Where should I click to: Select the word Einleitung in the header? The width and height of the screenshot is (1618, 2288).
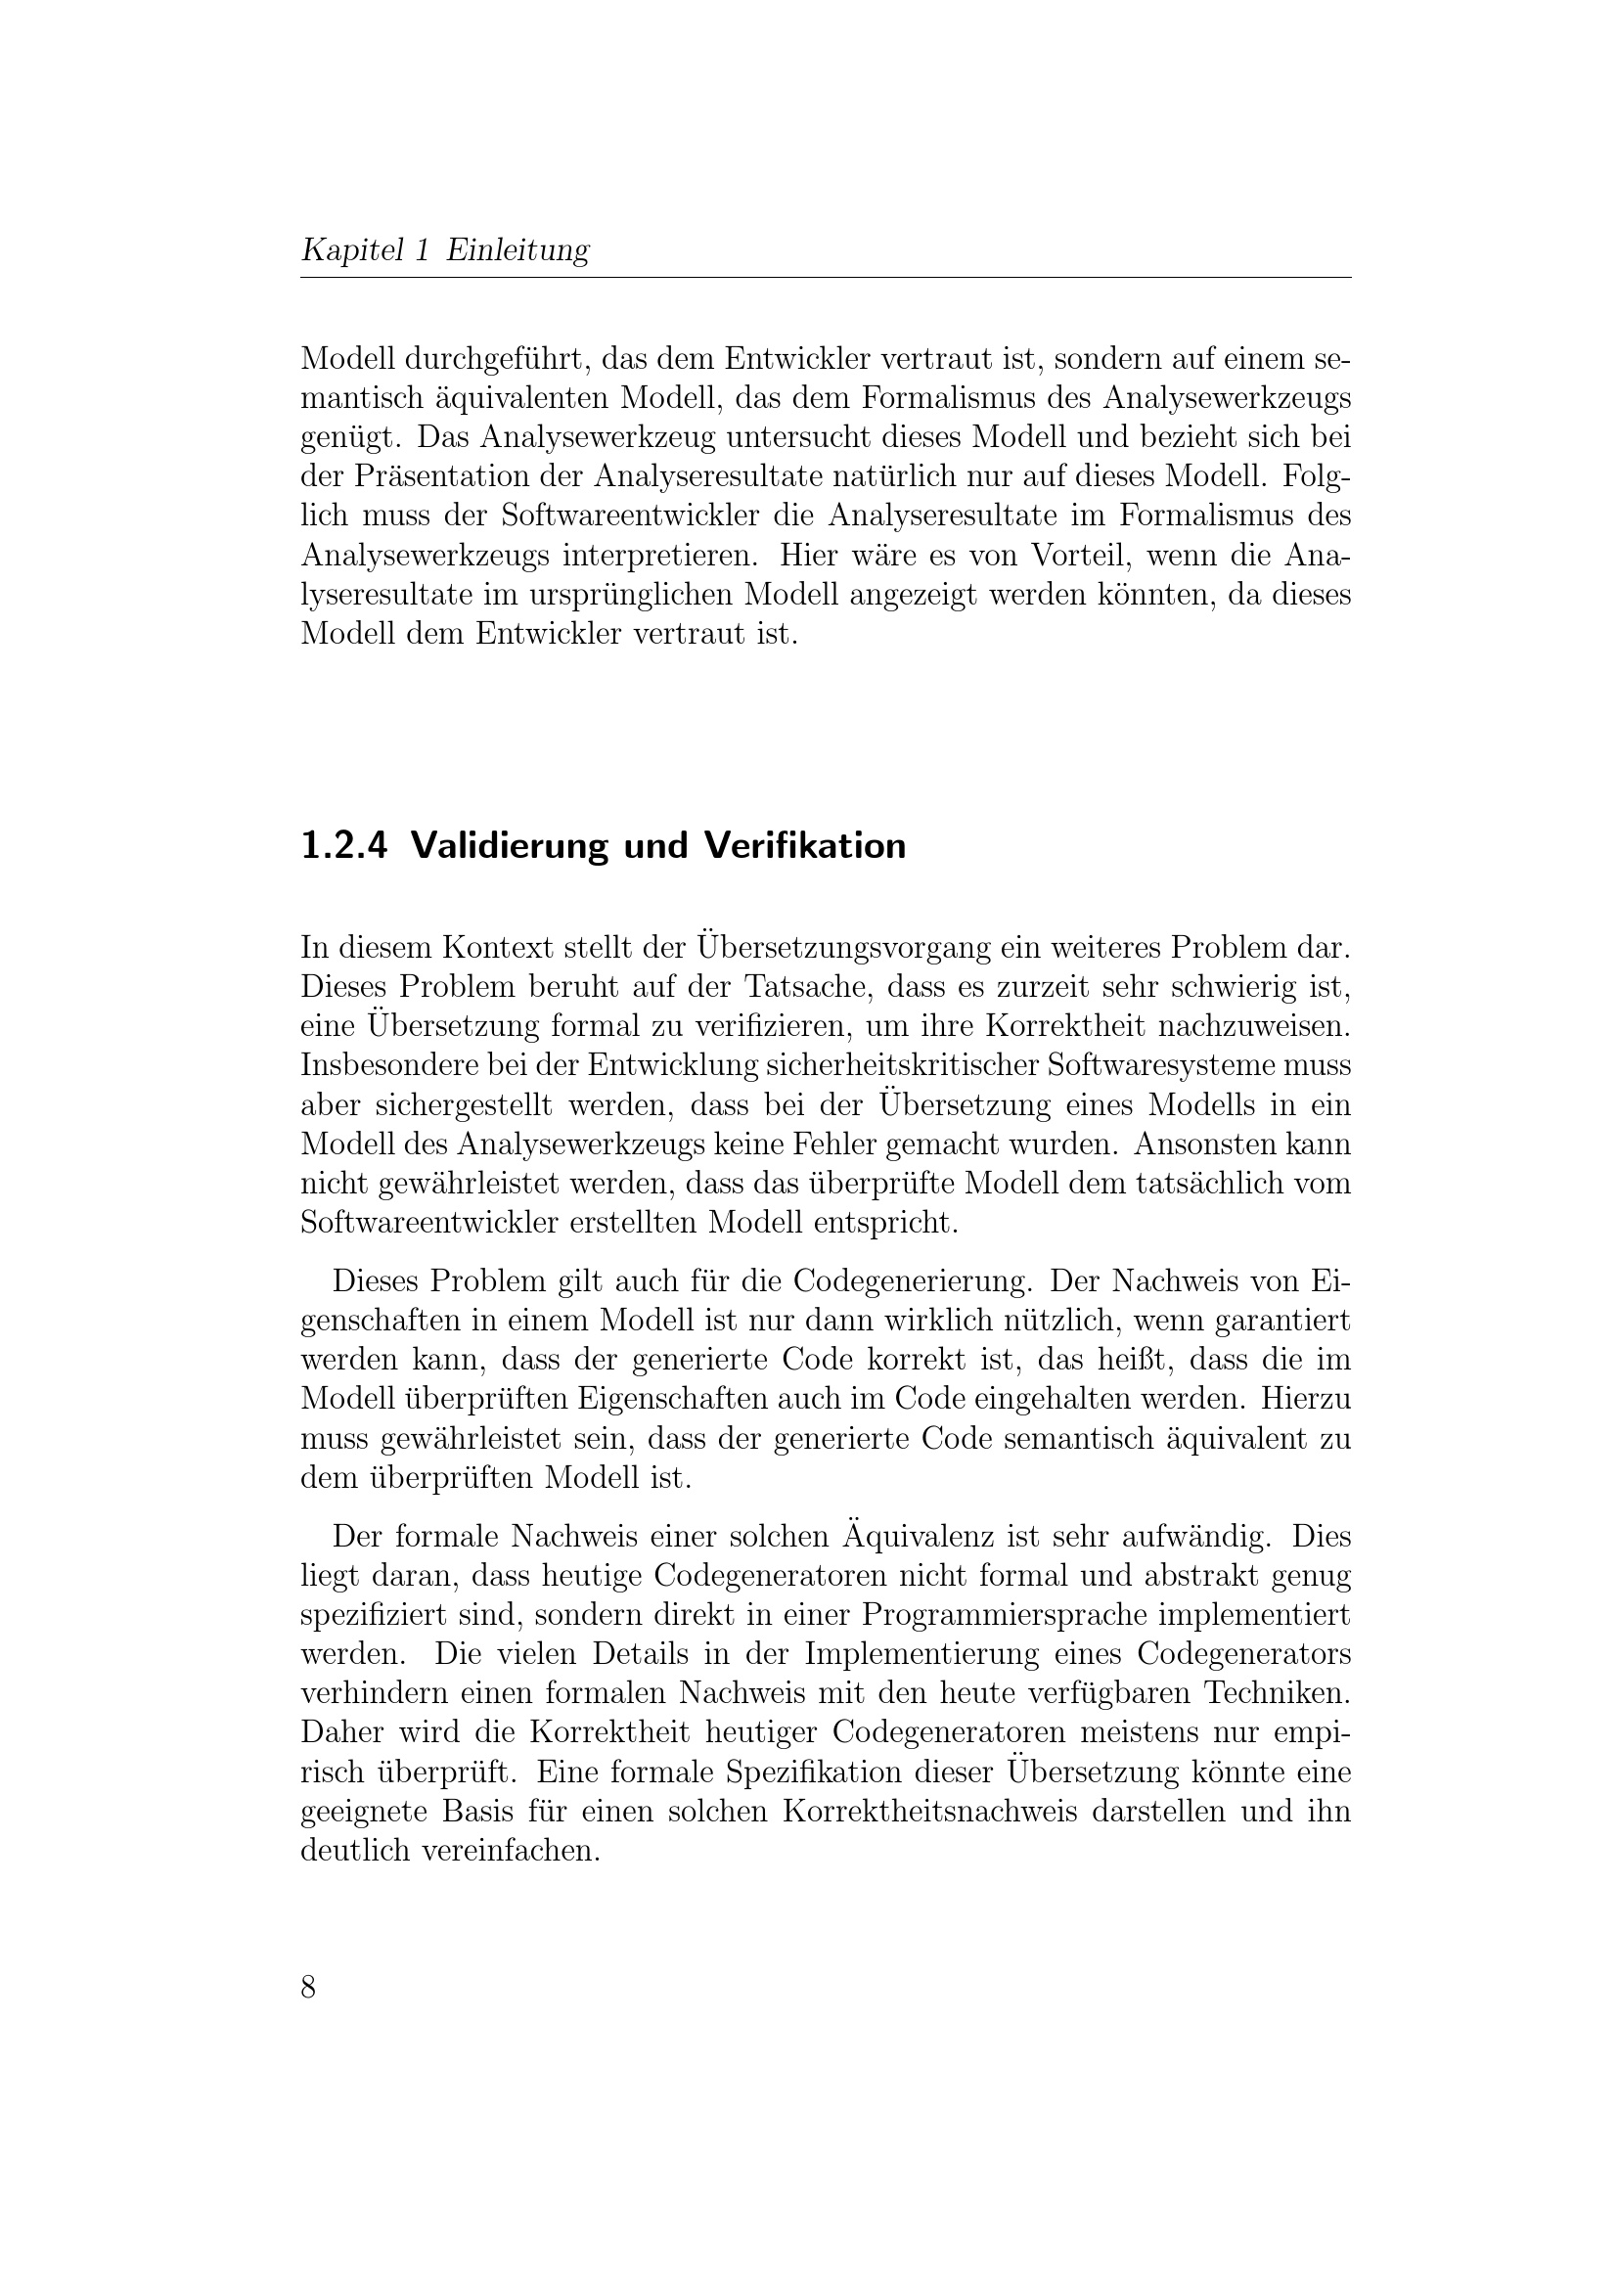517,249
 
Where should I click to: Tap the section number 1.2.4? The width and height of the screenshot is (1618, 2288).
342,846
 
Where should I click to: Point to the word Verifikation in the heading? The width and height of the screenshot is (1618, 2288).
805,846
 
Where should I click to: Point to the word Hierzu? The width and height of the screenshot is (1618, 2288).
1306,1398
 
